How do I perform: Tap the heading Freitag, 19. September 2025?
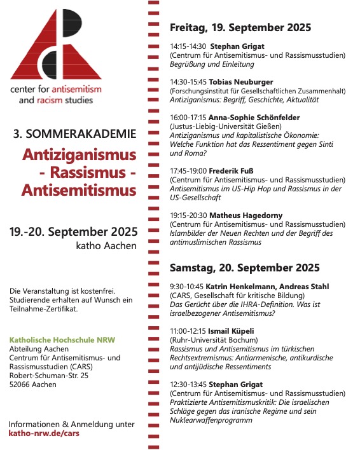pyautogui.click(x=240, y=27)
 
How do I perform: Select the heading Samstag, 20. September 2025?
pyautogui.click(x=244, y=268)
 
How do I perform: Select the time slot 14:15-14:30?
pyautogui.click(x=188, y=47)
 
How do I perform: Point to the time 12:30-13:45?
pyautogui.click(x=188, y=385)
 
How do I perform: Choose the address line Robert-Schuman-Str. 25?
pyautogui.click(x=49, y=376)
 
